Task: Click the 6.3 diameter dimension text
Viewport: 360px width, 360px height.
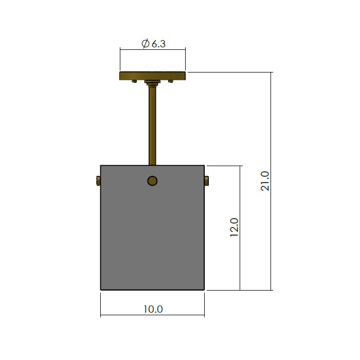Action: (153, 44)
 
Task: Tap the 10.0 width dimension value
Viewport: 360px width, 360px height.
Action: (153, 309)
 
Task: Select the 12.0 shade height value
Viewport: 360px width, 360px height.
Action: (234, 227)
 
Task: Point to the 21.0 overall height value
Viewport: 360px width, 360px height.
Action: (265, 181)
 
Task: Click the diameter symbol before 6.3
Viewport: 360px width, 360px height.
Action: (146, 44)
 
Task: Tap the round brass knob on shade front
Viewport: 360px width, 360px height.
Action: (152, 181)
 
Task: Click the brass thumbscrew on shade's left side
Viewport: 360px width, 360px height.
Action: (98, 181)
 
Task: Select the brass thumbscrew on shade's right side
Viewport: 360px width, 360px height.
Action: (206, 181)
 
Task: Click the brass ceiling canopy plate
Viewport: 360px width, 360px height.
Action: (152, 76)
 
